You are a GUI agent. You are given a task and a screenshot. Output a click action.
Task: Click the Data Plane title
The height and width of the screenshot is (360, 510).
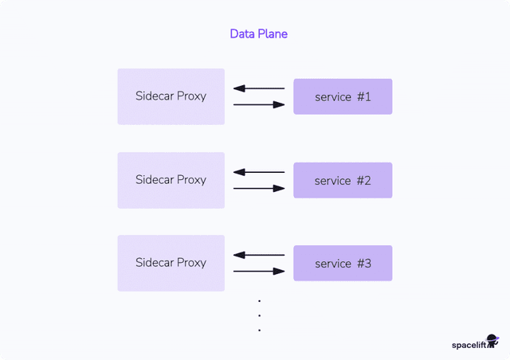tap(258, 33)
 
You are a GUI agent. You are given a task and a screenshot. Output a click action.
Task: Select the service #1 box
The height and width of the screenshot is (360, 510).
tap(343, 96)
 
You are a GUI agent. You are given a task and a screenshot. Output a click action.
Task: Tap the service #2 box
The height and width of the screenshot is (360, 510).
tap(343, 180)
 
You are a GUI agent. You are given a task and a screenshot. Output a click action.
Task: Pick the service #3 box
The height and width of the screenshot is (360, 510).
tap(343, 263)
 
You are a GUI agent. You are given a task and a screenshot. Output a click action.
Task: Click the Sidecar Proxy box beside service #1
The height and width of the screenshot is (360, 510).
tap(171, 96)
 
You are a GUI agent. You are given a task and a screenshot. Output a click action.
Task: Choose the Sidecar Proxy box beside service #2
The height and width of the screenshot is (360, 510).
tap(171, 180)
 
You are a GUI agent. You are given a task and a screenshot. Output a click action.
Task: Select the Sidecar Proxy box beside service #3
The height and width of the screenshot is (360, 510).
tap(171, 263)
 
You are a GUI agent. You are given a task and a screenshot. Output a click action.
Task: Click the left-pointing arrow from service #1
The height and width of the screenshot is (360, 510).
tap(258, 88)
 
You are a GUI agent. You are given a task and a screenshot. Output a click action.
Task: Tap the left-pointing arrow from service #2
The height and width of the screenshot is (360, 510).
tap(258, 172)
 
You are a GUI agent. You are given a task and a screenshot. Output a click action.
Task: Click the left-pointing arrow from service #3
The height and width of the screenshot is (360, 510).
tap(258, 255)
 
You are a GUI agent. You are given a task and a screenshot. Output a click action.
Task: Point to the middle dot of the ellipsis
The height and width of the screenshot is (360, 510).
tap(260, 315)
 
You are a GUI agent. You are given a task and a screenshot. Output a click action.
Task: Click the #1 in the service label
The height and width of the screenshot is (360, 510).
tap(363, 96)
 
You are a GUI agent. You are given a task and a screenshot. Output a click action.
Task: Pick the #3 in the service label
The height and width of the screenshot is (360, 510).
tap(363, 263)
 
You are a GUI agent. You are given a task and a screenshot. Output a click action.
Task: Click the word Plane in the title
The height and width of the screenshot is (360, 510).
tap(272, 33)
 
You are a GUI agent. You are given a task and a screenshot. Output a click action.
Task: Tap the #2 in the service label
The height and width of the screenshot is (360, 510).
tap(363, 180)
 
